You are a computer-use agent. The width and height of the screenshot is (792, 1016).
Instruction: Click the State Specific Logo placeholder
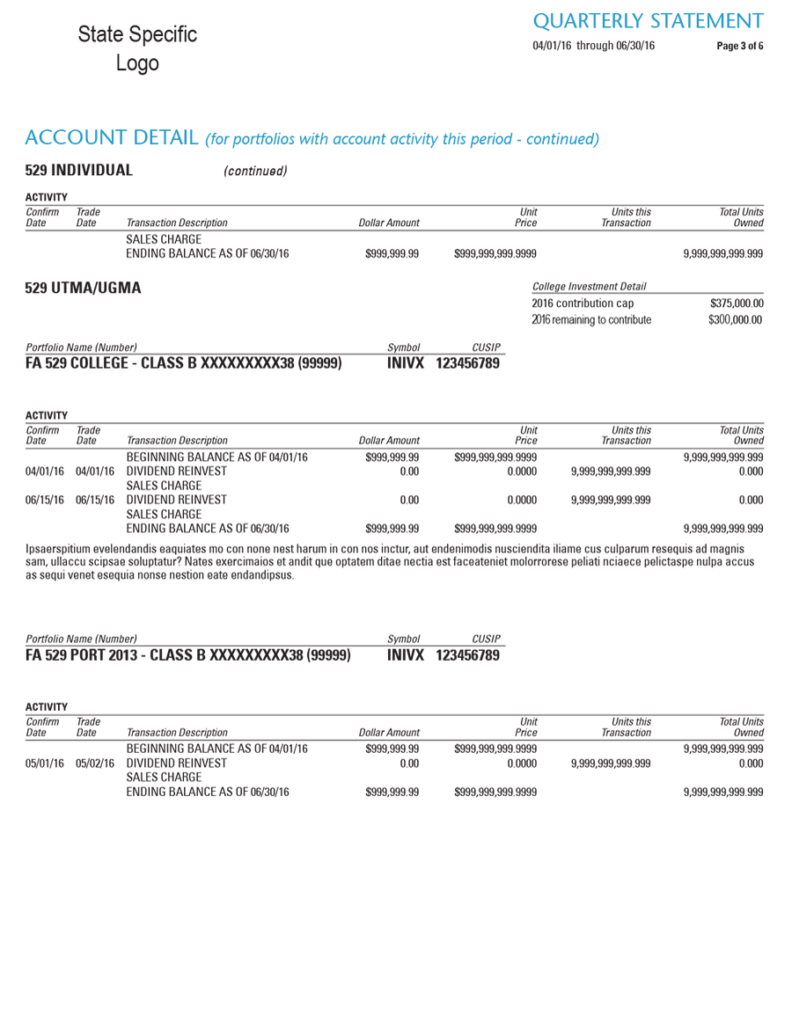click(x=137, y=48)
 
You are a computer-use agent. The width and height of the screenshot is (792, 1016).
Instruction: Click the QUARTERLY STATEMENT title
click(x=649, y=20)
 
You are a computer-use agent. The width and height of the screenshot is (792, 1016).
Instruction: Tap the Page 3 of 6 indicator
click(x=740, y=46)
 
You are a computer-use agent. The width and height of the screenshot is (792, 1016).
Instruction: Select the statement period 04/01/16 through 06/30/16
click(x=594, y=46)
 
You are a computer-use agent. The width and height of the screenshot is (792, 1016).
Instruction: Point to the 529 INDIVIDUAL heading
click(x=79, y=170)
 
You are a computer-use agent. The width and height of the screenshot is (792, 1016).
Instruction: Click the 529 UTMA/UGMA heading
click(x=84, y=288)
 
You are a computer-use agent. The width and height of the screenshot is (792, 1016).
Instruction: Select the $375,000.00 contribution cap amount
click(x=737, y=303)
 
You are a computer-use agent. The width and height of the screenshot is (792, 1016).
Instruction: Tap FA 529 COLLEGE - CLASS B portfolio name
click(x=184, y=362)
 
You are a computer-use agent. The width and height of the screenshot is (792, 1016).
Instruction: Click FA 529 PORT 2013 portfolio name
click(x=187, y=655)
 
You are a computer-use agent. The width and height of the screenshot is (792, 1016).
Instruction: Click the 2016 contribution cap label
click(x=583, y=303)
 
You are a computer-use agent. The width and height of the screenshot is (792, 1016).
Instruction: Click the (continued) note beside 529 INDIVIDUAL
click(x=256, y=171)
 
